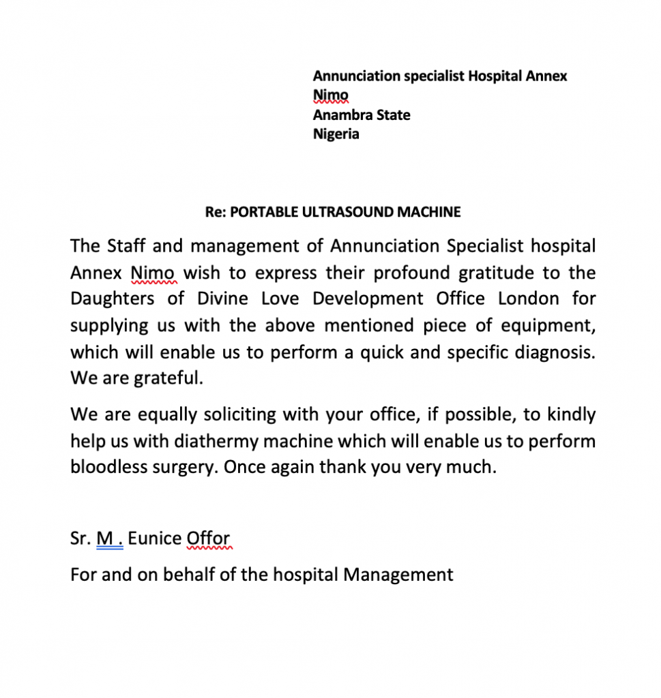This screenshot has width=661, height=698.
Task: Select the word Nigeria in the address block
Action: click(336, 134)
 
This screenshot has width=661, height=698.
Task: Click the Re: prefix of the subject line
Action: click(216, 212)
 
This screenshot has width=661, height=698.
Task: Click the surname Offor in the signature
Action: click(208, 538)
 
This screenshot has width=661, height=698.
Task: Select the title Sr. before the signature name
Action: click(80, 538)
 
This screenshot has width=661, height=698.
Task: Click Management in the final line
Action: click(398, 574)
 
